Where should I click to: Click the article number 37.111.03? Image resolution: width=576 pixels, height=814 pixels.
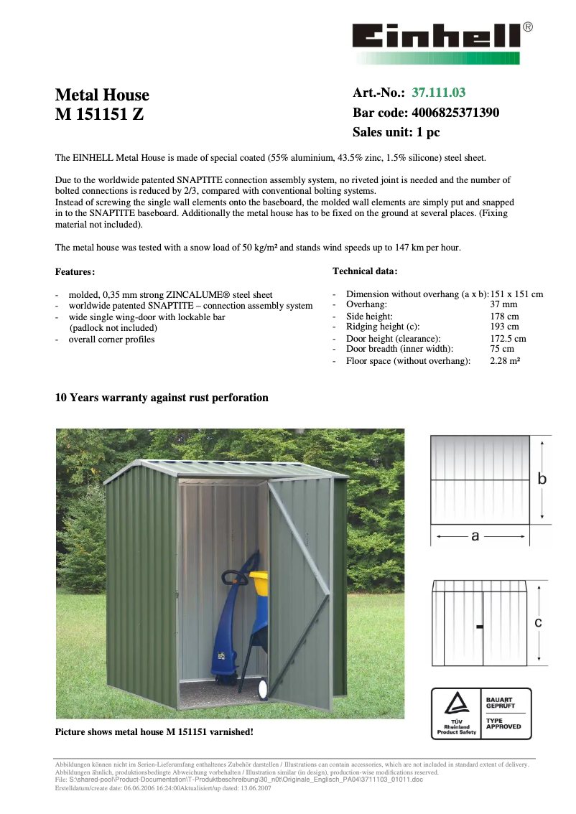tap(438, 93)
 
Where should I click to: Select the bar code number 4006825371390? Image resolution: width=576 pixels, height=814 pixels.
tap(455, 113)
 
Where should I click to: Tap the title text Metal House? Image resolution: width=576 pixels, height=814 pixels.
tap(102, 95)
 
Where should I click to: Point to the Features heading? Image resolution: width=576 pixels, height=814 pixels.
tap(75, 272)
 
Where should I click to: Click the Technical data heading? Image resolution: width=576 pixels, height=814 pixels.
tap(365, 271)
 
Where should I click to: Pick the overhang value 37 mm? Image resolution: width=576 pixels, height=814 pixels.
tap(503, 305)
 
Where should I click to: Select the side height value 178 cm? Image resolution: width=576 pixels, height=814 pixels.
tap(504, 317)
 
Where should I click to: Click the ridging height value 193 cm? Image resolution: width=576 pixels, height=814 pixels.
tap(504, 327)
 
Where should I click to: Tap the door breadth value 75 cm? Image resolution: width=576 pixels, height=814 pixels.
tap(501, 350)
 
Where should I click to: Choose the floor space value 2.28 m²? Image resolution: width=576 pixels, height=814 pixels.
tap(505, 361)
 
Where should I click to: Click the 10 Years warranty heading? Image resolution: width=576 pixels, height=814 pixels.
tap(162, 398)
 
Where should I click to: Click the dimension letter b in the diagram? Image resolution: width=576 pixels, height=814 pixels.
tap(542, 479)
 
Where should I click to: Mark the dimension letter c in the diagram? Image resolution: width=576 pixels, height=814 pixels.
tap(539, 624)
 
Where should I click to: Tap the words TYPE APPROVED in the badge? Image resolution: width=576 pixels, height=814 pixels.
tap(503, 724)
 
